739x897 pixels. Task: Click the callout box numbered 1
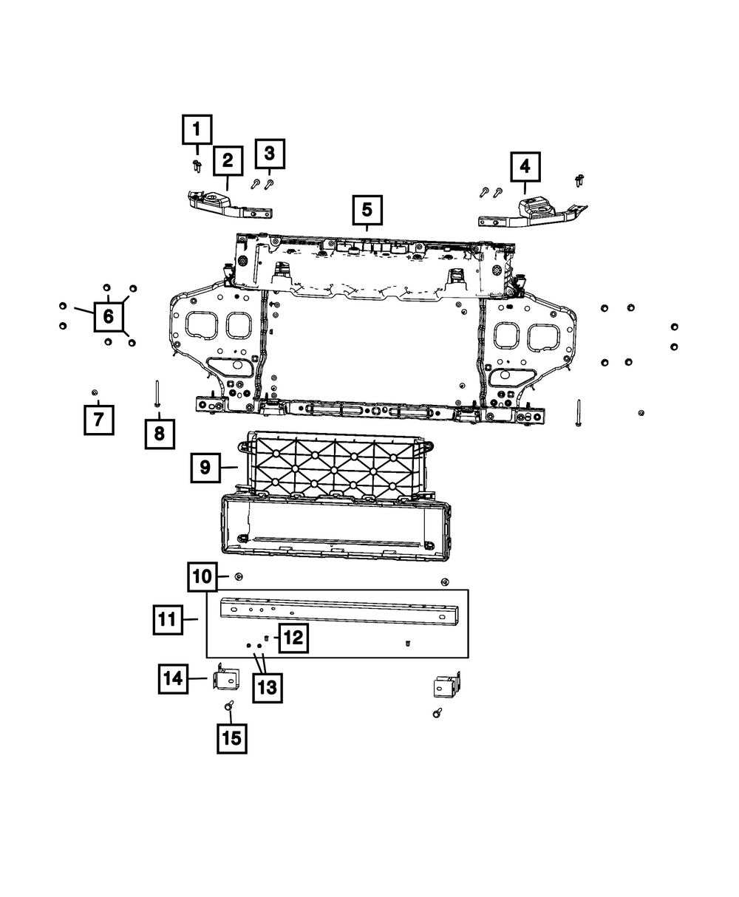197,130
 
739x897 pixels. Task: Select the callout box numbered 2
227,160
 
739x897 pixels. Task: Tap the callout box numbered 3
270,154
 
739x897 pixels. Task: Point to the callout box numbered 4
525,167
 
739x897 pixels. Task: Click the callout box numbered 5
367,211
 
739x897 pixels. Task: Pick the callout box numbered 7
98,420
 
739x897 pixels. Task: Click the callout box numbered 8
160,434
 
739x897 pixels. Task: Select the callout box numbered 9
205,467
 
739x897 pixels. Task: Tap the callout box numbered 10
202,577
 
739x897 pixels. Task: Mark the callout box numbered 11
168,619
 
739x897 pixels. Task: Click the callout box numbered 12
293,638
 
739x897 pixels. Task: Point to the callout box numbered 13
267,688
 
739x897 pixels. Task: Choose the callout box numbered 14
173,678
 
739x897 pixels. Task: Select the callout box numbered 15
232,738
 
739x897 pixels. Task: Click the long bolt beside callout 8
157,393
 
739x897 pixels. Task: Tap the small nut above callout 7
94,391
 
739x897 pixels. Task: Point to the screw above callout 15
229,706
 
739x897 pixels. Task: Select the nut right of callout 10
239,576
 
